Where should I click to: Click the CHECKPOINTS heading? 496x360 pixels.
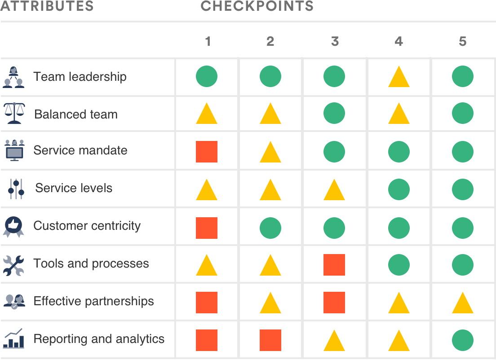click(x=257, y=6)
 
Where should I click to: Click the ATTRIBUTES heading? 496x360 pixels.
click(x=47, y=6)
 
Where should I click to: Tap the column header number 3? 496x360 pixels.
click(x=335, y=42)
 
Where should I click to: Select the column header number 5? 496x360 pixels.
click(x=463, y=42)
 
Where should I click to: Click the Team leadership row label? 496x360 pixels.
click(x=80, y=77)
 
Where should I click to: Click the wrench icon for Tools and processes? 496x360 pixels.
click(x=14, y=264)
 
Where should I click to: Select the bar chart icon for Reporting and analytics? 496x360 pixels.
click(x=14, y=339)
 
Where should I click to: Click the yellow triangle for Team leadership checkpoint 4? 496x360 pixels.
click(x=399, y=77)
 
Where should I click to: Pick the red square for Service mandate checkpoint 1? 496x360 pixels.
click(x=207, y=152)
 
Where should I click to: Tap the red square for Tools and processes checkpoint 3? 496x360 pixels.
click(x=334, y=265)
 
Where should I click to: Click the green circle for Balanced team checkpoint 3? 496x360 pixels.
click(x=334, y=113)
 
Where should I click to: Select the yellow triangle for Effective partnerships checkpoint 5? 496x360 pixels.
click(x=463, y=303)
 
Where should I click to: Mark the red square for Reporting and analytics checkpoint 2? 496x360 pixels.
click(x=270, y=340)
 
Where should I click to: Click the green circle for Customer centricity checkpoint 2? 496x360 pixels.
click(x=270, y=227)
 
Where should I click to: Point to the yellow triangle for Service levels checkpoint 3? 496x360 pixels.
click(x=334, y=190)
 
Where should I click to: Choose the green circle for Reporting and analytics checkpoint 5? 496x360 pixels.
click(x=463, y=340)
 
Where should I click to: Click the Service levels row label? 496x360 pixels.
click(x=74, y=188)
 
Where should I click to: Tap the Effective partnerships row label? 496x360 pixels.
click(x=93, y=301)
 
